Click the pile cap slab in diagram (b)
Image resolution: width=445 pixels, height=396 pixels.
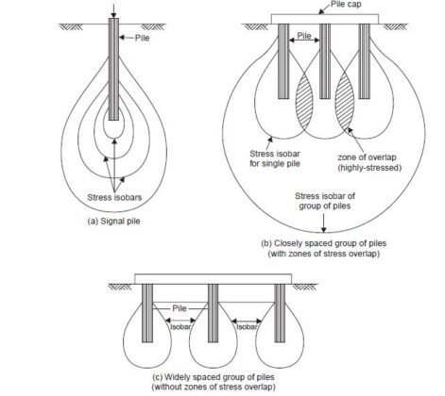[322, 18]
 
